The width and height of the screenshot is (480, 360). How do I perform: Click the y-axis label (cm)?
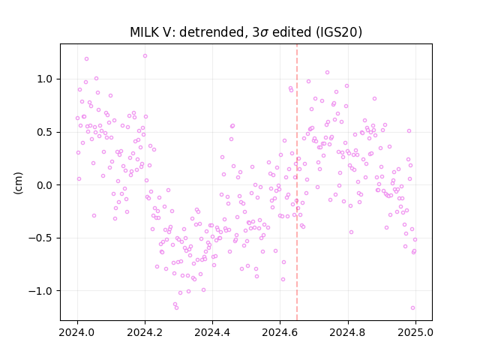18,183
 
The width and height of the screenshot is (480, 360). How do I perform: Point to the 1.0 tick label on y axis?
45,79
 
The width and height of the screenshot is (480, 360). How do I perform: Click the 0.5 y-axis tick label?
45,132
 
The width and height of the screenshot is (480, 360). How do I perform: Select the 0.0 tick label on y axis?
45,185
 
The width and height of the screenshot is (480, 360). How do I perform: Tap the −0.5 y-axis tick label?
40,238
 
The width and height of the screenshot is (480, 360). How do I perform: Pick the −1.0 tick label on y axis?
40,291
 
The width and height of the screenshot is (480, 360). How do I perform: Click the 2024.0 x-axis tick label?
77,332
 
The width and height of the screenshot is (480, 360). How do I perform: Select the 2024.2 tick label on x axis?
145,332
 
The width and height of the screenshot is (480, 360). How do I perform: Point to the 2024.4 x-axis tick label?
212,332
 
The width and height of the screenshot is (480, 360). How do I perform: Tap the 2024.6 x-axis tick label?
280,332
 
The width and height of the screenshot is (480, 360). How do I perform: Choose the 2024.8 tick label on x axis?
348,332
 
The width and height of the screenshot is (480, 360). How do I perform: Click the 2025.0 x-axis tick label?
415,332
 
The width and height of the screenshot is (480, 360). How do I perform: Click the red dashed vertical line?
297,182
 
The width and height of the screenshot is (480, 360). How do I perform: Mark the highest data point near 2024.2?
145,56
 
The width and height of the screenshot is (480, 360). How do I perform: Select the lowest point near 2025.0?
412,308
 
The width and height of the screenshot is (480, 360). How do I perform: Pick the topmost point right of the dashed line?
327,73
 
